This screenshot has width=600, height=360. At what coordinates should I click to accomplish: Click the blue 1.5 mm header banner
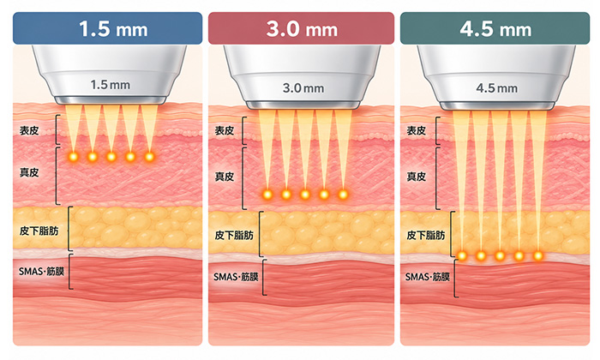point(107,28)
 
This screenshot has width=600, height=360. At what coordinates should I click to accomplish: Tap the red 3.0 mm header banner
point(301,28)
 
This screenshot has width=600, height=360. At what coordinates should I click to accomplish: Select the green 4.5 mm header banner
point(495,28)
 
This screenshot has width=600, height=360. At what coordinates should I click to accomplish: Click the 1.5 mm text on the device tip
point(111,85)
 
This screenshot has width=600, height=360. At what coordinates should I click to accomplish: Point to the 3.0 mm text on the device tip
point(303,88)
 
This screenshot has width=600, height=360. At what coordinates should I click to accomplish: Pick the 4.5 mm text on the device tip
point(496,88)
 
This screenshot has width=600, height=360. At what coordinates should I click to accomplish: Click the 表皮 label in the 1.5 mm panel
point(29,130)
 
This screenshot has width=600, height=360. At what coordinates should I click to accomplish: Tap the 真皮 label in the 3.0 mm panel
point(225,177)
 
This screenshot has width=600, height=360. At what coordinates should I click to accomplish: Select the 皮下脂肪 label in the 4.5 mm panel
point(425,235)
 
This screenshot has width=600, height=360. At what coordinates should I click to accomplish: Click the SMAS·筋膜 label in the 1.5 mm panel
point(41,271)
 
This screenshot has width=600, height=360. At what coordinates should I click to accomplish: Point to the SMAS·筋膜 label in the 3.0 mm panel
point(236,277)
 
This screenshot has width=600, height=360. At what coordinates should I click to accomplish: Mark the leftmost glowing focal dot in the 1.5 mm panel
point(73,157)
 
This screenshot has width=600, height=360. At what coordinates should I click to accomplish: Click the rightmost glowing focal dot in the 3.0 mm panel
point(343,195)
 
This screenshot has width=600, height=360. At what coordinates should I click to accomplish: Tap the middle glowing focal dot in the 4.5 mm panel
point(500,255)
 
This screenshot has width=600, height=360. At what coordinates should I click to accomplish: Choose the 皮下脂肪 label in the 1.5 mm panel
point(39,231)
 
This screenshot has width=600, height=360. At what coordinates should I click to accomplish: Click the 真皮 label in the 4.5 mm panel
point(417,177)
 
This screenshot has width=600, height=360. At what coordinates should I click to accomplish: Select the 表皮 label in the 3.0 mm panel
point(225,130)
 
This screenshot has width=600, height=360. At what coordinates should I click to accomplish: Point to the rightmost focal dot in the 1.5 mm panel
point(150,157)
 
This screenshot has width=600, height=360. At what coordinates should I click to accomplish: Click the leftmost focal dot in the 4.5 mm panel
point(462,255)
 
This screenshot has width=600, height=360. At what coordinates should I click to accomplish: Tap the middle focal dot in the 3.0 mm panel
point(305,195)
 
